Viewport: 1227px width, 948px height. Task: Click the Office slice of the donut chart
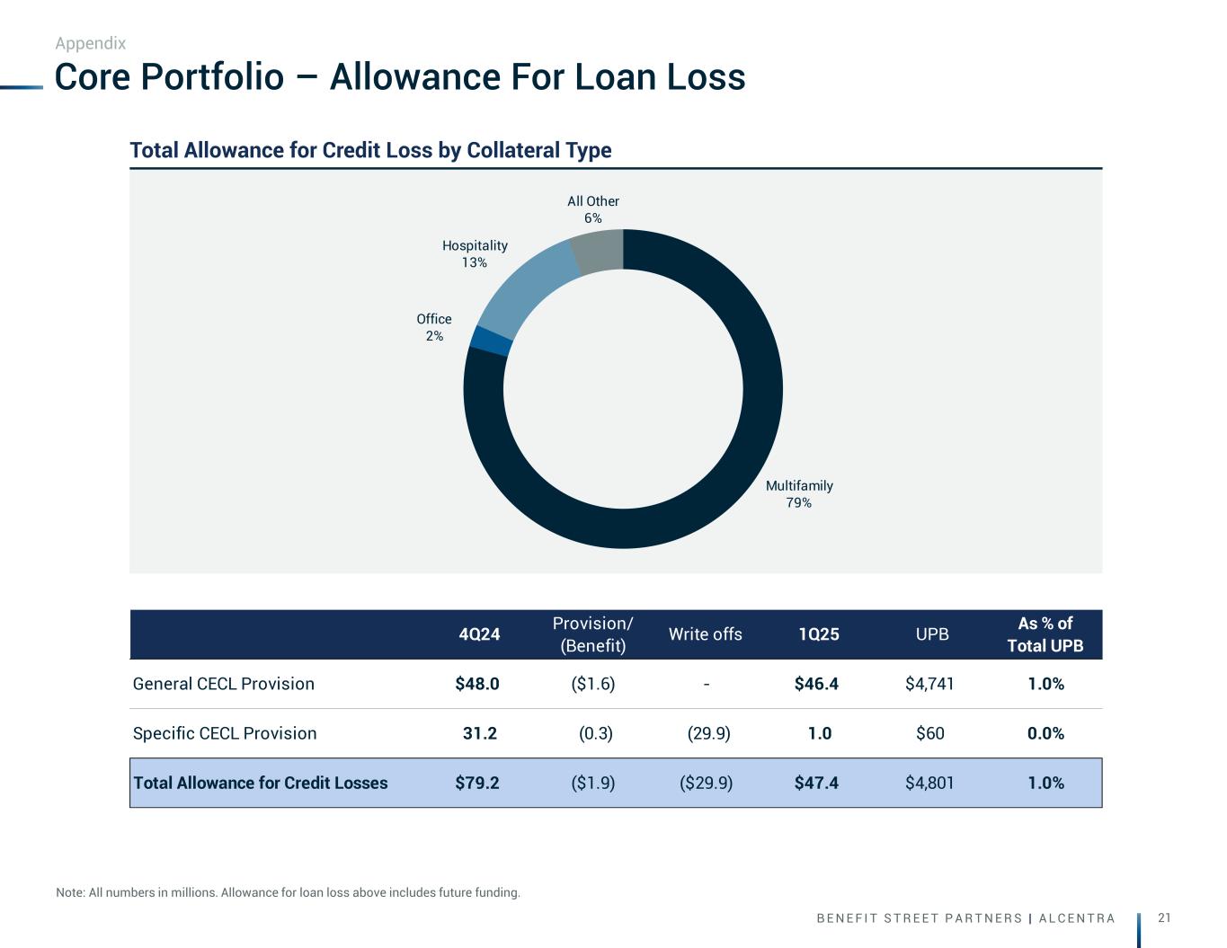click(x=492, y=341)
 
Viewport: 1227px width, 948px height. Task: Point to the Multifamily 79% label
click(x=799, y=494)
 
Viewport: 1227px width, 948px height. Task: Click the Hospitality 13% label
click(x=475, y=253)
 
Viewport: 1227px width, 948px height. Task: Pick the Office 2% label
click(x=434, y=327)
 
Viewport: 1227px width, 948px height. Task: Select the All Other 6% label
click(x=593, y=209)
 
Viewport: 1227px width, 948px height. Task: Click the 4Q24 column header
click(x=479, y=634)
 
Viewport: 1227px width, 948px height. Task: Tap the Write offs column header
click(x=706, y=634)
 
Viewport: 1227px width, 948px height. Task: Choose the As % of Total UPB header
click(x=1045, y=634)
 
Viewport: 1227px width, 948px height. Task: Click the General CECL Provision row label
click(x=224, y=684)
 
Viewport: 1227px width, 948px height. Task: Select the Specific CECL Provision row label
click(x=225, y=733)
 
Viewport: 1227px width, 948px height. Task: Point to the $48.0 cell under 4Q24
click(x=477, y=684)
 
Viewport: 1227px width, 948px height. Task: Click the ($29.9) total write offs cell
click(x=707, y=783)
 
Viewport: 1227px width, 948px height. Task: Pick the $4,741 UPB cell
click(x=929, y=684)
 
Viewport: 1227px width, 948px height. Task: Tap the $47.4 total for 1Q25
click(x=816, y=783)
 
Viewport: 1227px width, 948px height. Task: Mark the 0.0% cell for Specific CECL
click(x=1045, y=733)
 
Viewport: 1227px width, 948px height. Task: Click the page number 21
click(x=1165, y=917)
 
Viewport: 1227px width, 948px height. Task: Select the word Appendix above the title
click(x=91, y=43)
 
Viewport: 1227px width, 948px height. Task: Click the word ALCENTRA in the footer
click(x=1077, y=918)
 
